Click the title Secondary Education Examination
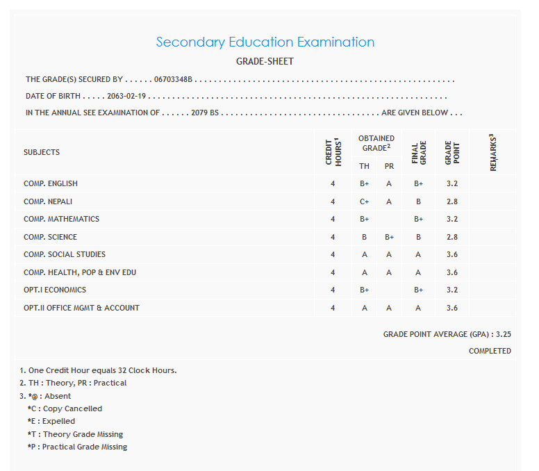[x=265, y=42]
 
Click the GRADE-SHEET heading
[x=265, y=62]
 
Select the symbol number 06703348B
[x=173, y=80]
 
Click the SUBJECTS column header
[x=42, y=152]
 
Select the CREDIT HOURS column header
[x=333, y=152]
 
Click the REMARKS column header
[x=492, y=152]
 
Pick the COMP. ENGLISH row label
[x=51, y=184]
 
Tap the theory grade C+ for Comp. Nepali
[x=364, y=201]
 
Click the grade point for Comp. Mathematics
[x=451, y=220]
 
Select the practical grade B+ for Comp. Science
[x=389, y=237]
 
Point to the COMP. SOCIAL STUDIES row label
[x=65, y=255]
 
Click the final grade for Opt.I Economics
[x=418, y=290]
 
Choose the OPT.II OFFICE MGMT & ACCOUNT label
[x=81, y=308]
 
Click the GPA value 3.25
[x=504, y=335]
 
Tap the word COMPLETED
[x=490, y=352]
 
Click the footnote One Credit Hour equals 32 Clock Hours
[x=98, y=370]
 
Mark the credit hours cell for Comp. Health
[x=333, y=272]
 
